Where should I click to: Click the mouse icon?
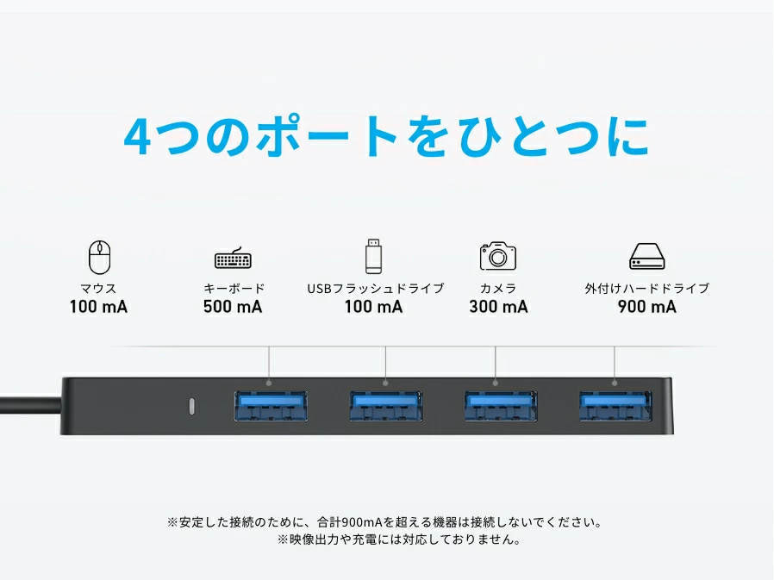point(99,257)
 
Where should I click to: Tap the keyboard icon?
point(233,258)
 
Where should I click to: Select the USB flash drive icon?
point(374,256)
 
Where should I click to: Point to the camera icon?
point(498,256)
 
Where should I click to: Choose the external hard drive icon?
point(647,256)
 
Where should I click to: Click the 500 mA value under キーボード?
point(233,307)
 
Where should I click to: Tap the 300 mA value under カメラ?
point(498,307)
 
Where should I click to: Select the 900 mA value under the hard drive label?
point(647,307)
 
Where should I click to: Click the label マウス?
point(99,288)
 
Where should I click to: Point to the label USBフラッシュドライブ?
point(376,288)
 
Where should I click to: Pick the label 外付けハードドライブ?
point(647,288)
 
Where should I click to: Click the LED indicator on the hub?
point(191,406)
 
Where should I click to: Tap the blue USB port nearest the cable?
point(271,406)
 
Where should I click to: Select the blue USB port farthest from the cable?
point(615,406)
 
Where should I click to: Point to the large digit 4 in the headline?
point(137,137)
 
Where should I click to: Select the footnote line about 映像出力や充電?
point(399,539)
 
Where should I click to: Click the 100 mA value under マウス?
point(99,307)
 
